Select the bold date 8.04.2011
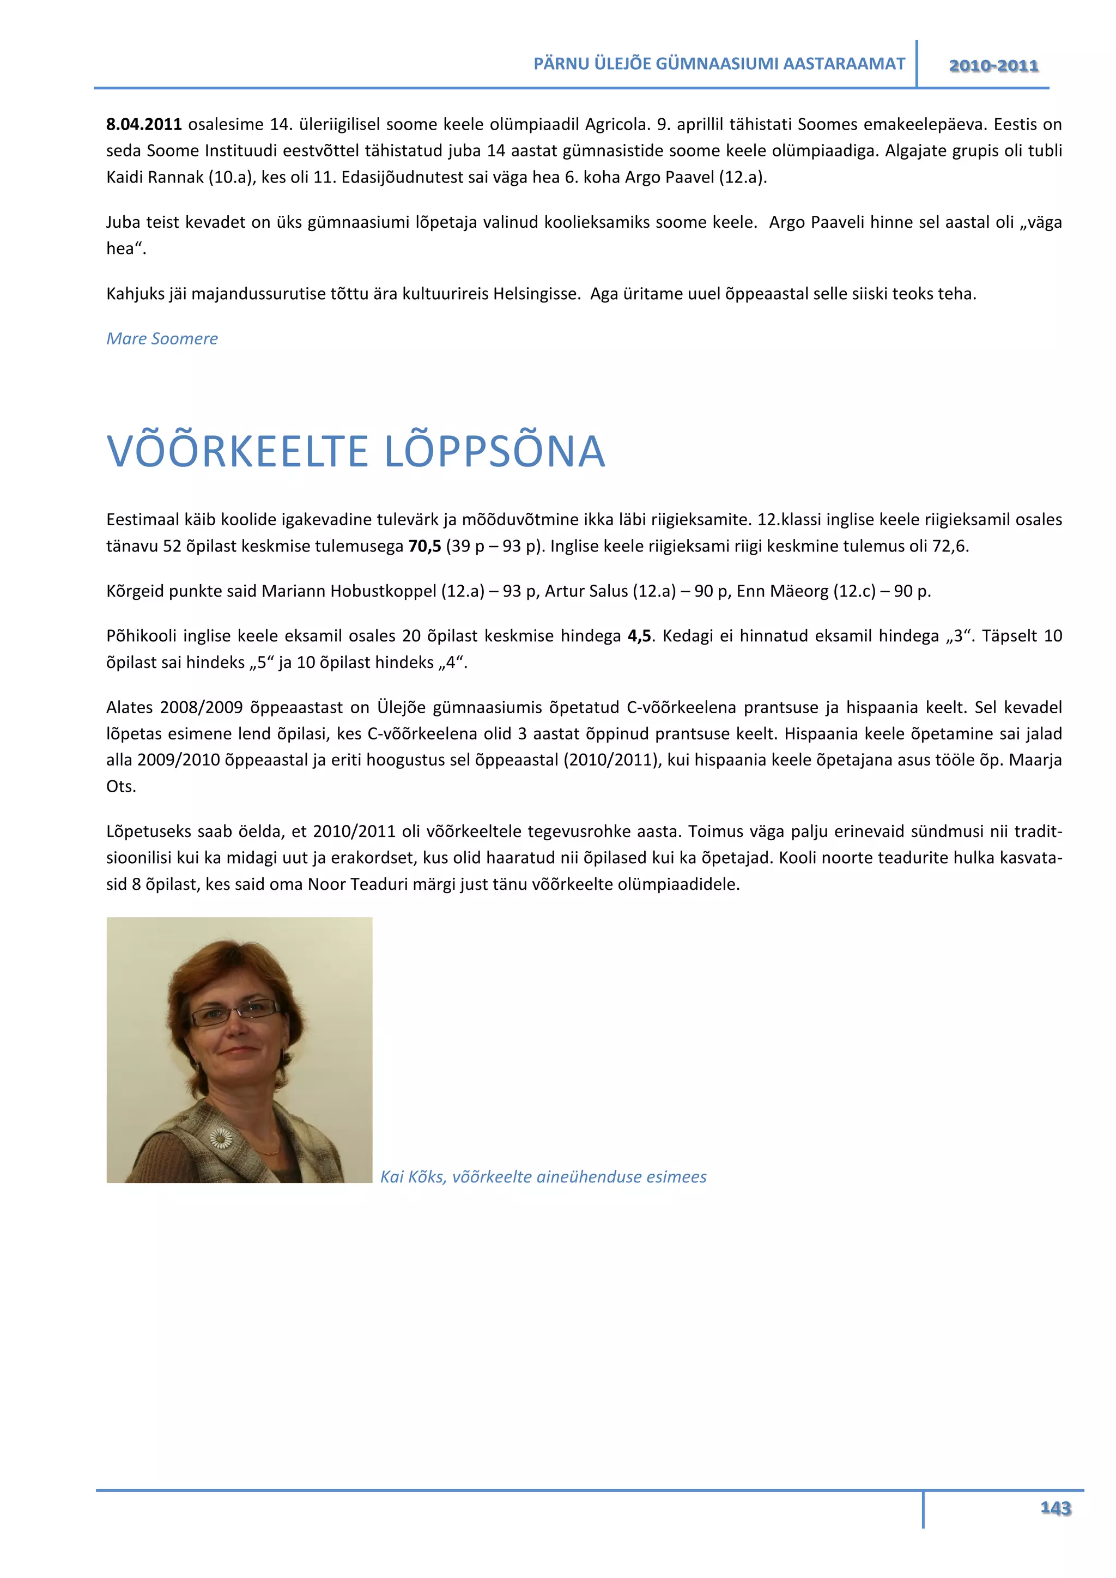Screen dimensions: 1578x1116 (x=144, y=124)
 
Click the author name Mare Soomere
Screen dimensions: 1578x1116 (x=162, y=339)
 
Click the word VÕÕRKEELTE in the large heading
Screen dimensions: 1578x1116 (x=238, y=452)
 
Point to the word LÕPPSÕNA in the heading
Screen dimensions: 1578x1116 (x=494, y=452)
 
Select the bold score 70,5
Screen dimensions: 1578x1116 (x=424, y=547)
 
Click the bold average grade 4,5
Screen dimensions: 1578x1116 (x=639, y=636)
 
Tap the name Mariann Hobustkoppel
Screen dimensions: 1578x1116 (x=349, y=591)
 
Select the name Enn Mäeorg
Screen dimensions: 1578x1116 (x=782, y=591)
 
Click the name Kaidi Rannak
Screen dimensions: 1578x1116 (x=155, y=177)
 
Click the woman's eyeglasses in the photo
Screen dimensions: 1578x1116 (x=235, y=1012)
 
